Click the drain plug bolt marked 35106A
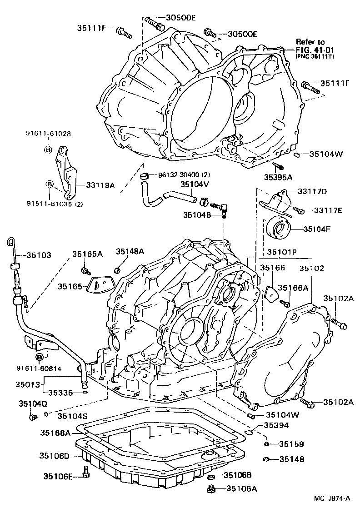tap(210, 489)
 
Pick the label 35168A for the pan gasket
tap(55, 433)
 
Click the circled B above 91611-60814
tap(40, 357)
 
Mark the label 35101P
tap(282, 251)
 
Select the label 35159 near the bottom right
tap(291, 444)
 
